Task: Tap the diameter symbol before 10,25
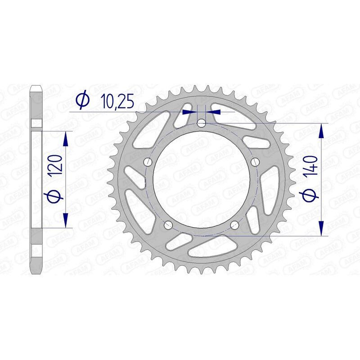click(x=82, y=101)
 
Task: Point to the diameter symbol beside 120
click(x=55, y=195)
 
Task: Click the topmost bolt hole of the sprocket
click(x=202, y=123)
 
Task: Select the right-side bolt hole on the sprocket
click(x=255, y=162)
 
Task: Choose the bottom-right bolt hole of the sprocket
click(x=234, y=225)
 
